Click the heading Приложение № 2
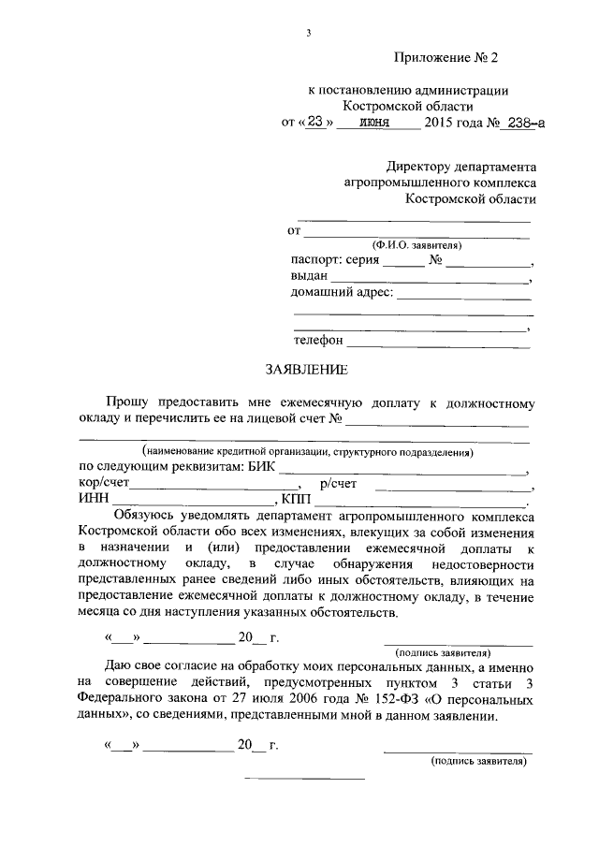tap(446, 58)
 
